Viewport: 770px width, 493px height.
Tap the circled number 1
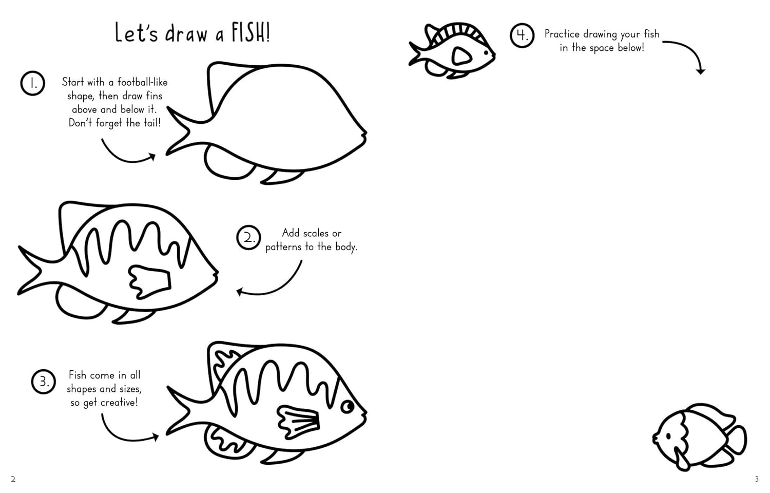click(x=33, y=83)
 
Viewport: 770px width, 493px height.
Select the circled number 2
click(x=248, y=238)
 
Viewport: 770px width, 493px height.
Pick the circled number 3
click(x=43, y=382)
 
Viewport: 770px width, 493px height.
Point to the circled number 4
click(x=522, y=35)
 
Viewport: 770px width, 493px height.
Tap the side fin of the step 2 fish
click(x=149, y=281)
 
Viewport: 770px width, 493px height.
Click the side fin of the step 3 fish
click(x=298, y=422)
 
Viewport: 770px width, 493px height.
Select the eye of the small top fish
click(x=486, y=53)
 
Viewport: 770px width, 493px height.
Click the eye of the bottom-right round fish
click(x=668, y=436)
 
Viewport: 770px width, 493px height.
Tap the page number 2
click(x=13, y=479)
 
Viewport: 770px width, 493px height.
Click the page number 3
click(x=757, y=479)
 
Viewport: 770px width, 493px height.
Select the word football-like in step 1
click(x=142, y=82)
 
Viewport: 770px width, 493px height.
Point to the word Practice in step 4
click(x=562, y=34)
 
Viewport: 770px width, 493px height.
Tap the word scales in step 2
click(x=312, y=233)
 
